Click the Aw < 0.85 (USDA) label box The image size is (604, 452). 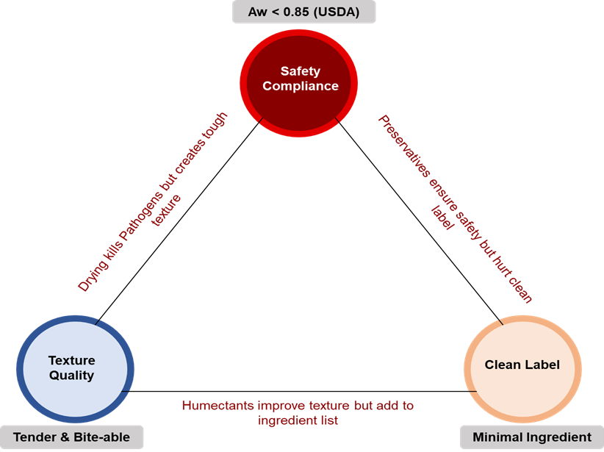(303, 12)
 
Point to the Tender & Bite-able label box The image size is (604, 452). (71, 437)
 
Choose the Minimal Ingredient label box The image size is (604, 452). (532, 437)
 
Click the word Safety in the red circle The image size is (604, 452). (299, 71)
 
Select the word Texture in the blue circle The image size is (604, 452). (71, 360)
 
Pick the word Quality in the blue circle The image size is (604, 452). (71, 376)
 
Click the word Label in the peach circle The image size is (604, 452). (542, 365)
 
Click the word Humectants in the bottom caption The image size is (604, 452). (213, 406)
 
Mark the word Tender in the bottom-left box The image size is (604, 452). (32, 437)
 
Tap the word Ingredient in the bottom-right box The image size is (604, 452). (558, 437)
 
